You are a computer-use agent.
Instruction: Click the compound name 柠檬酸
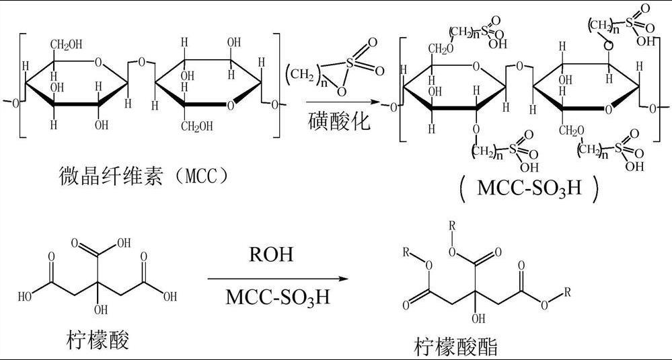click(98, 339)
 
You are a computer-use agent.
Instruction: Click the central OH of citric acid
click(101, 310)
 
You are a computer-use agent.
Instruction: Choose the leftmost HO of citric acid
click(25, 295)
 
